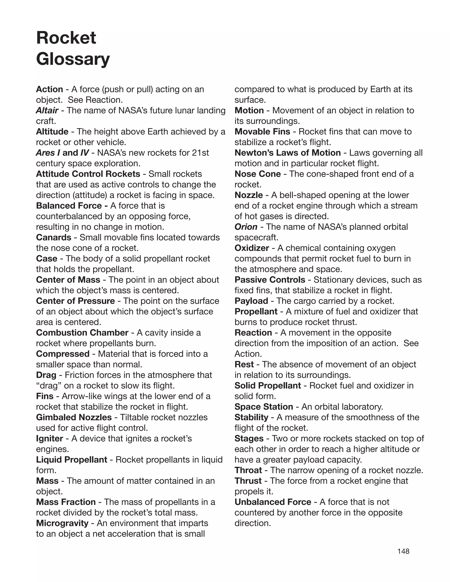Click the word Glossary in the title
coord(73,59)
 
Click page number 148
coord(403,551)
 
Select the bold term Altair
coord(47,110)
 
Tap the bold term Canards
coord(54,237)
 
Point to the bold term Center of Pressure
coord(75,301)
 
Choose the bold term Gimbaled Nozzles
coord(74,417)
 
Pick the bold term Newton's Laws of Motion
coord(287,153)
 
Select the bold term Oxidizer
coord(252,248)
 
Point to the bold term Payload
coord(251,301)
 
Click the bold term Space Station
coord(264,407)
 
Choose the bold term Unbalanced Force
coord(273,502)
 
